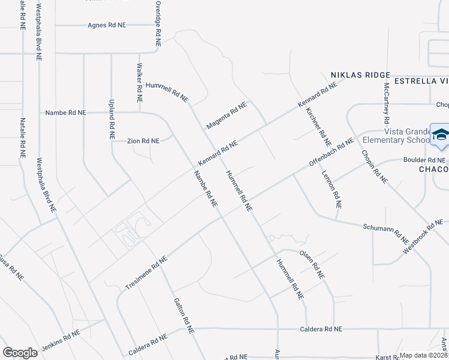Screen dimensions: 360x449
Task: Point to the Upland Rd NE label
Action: coord(111,119)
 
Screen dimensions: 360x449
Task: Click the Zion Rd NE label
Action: coord(143,141)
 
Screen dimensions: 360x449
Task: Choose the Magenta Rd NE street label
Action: coord(226,115)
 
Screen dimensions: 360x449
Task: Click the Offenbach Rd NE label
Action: coord(331,153)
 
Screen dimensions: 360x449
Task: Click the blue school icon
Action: coord(440,135)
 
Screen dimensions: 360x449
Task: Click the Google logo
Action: coord(20,353)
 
